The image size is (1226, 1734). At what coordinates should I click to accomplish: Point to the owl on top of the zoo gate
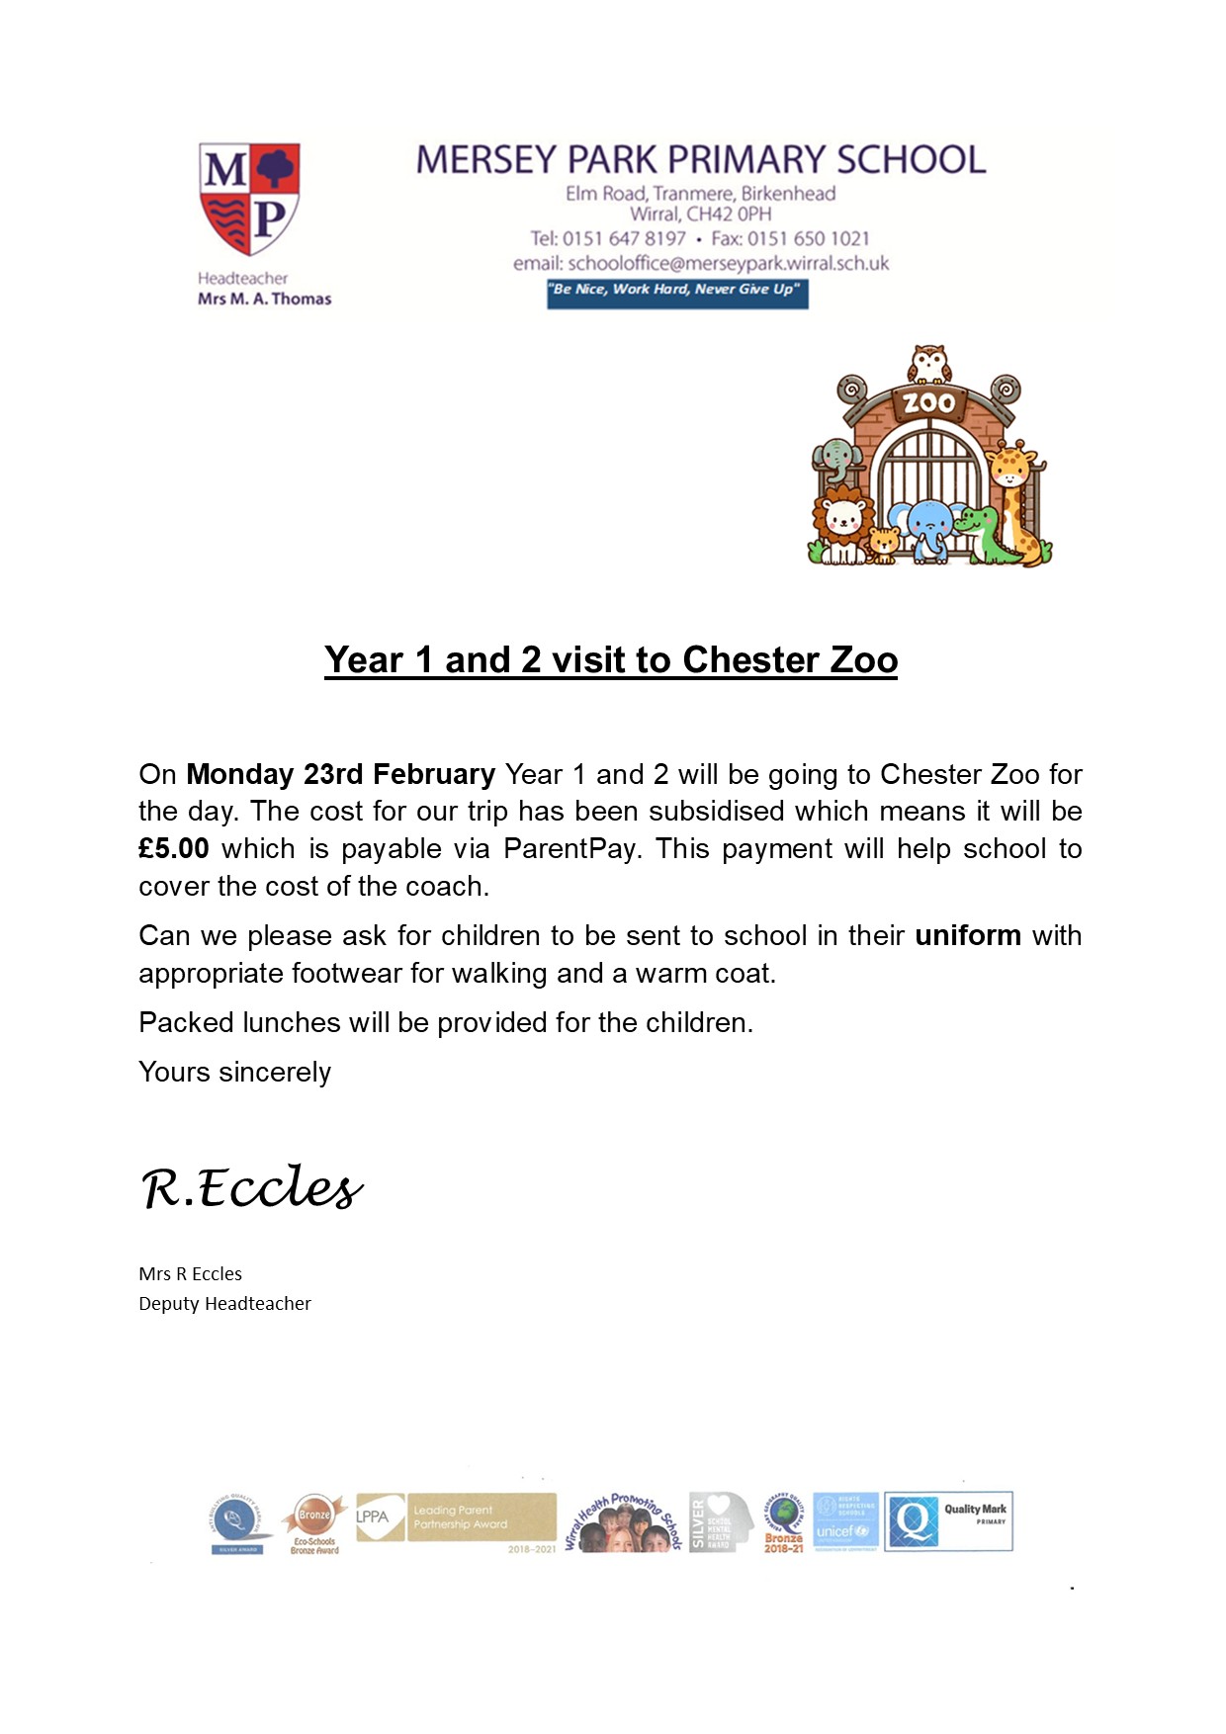point(929,364)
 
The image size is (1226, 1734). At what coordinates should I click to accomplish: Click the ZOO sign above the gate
point(928,402)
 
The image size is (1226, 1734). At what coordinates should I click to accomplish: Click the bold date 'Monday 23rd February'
point(340,774)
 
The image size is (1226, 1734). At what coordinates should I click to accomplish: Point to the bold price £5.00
point(174,849)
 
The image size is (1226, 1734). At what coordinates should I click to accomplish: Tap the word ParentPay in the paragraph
point(569,849)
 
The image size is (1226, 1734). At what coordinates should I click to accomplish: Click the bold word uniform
point(968,936)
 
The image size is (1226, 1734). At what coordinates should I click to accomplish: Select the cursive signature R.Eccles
point(252,1187)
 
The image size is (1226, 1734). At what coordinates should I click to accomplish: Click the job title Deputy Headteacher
point(224,1304)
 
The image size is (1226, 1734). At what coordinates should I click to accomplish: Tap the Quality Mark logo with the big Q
point(948,1521)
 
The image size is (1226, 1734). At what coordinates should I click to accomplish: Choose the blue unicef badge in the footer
point(845,1522)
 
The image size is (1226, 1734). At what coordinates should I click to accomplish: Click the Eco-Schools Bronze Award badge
point(314,1523)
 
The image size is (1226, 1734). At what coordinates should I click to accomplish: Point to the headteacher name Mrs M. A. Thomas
point(264,299)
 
